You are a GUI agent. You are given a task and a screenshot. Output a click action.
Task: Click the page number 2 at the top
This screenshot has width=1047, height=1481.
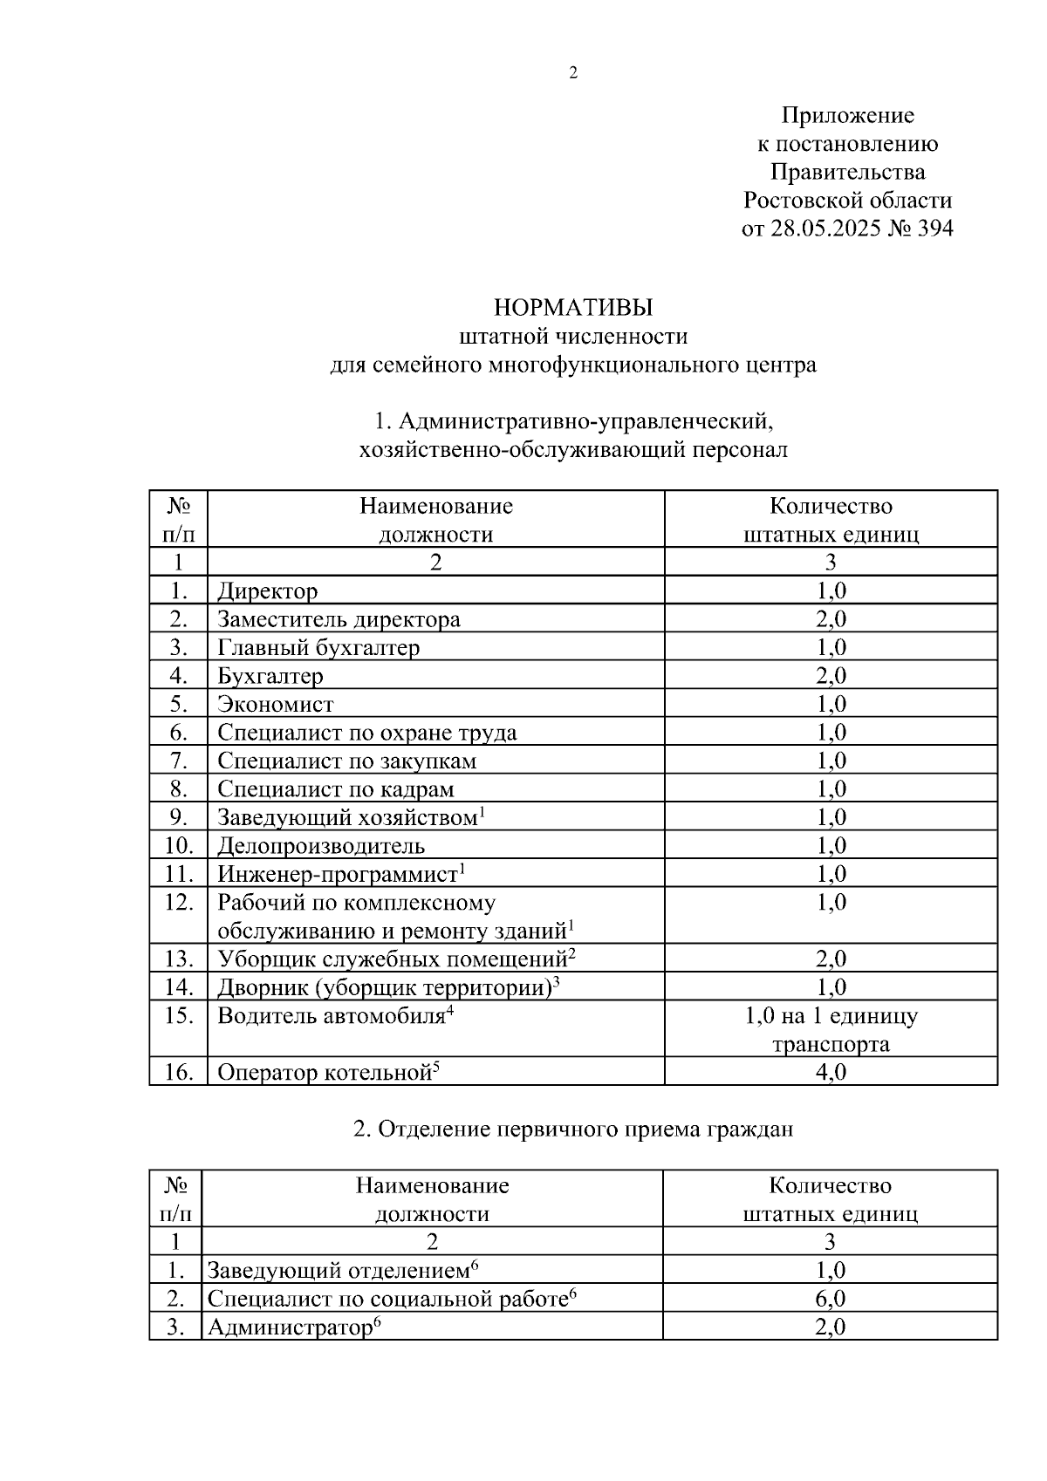573,73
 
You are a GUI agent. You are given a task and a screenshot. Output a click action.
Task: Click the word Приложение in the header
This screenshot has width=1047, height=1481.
847,115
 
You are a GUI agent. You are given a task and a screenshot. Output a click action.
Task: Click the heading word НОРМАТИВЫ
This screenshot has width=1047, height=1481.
573,308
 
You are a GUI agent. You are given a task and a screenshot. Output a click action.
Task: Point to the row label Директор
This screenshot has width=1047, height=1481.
267,591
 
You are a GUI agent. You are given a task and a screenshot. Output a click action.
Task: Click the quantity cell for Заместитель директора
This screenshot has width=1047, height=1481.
831,620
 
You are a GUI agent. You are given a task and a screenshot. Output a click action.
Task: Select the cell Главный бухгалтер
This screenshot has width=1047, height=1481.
318,648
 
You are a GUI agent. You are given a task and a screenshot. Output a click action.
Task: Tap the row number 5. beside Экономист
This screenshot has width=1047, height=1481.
179,704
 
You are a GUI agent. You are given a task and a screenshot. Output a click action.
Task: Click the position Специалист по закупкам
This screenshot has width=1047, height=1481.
347,761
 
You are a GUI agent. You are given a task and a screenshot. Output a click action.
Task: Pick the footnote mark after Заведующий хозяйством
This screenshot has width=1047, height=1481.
482,812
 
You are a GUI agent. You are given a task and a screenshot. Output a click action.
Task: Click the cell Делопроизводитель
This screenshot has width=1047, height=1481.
321,846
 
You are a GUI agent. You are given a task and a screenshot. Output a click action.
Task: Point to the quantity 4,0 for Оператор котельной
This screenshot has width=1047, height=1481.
831,1073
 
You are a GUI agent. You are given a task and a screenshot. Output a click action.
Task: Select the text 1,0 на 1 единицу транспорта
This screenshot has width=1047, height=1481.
831,1030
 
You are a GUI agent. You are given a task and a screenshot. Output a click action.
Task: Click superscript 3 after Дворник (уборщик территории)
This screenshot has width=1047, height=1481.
556,982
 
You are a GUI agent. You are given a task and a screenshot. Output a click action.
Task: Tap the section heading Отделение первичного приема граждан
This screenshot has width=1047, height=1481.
573,1130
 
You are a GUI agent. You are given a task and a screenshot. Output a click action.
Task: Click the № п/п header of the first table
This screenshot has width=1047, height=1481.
179,520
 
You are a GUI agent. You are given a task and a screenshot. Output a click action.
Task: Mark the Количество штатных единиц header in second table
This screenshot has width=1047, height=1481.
831,1199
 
